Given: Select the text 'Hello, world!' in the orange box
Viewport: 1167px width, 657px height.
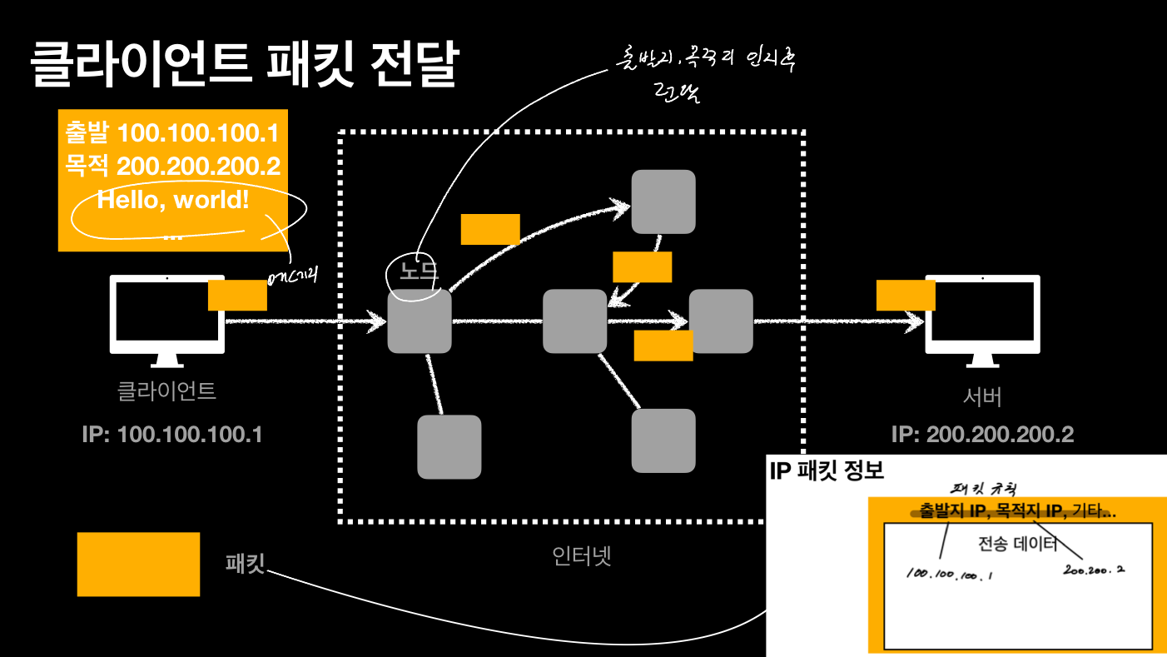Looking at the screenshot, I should tap(173, 200).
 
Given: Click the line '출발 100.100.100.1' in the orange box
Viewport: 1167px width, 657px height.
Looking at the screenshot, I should tap(171, 133).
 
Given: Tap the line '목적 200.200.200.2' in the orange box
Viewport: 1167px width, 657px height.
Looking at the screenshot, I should tap(172, 166).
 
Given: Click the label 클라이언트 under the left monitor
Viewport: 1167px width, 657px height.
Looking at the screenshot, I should tap(166, 391).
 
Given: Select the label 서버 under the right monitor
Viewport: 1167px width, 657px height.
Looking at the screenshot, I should tap(982, 397).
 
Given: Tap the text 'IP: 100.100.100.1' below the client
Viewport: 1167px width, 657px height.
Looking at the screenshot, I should tap(172, 434).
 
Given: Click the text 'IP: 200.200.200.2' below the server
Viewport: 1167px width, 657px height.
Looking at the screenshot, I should tap(982, 434).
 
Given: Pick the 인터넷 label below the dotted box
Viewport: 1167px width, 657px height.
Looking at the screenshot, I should tap(582, 555).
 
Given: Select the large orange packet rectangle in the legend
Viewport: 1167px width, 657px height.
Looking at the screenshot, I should tap(138, 564).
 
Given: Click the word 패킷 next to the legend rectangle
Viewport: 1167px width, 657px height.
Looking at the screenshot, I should tap(245, 564).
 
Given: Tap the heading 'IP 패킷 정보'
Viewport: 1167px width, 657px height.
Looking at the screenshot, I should tap(827, 471).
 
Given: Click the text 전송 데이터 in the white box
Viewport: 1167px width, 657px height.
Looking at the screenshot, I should tap(1017, 545).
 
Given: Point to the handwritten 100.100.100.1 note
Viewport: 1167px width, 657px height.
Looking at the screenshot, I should tap(949, 575).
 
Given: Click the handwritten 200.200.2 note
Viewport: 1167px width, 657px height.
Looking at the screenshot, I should tap(1095, 570).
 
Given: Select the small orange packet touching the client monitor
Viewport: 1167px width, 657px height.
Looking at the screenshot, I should tap(237, 295).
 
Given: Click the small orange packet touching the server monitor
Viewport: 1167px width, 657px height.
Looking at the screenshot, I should tap(906, 295).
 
